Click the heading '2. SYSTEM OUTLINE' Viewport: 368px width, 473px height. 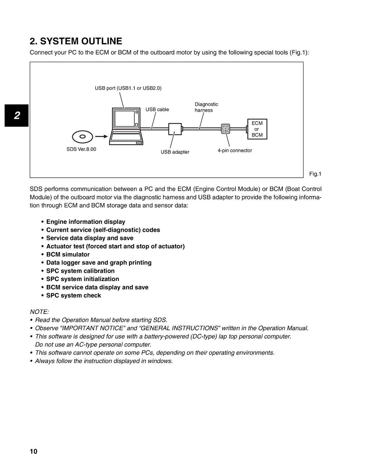click(x=76, y=41)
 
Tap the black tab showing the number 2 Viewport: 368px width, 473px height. click(x=17, y=115)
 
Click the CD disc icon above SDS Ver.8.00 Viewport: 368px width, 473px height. click(x=83, y=137)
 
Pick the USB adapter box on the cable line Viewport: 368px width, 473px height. click(x=175, y=129)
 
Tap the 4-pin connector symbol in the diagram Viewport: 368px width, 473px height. click(x=225, y=129)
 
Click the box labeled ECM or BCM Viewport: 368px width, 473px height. click(x=257, y=129)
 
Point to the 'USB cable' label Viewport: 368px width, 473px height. click(x=157, y=109)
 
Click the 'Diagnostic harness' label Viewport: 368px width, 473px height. click(x=206, y=107)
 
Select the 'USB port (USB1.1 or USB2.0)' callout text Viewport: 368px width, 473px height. click(x=128, y=88)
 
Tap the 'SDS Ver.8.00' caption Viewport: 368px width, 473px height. click(x=81, y=149)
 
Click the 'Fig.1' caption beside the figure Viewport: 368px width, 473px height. click(x=315, y=174)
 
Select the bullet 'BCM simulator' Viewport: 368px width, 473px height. click(x=68, y=255)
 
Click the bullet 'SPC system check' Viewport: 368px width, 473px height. click(x=73, y=295)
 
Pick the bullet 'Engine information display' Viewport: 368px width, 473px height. click(x=85, y=222)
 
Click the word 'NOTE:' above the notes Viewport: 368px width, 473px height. click(x=39, y=312)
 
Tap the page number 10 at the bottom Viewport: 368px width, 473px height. click(x=34, y=451)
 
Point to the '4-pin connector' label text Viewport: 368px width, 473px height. click(x=235, y=150)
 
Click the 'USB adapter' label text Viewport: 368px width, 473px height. click(x=175, y=152)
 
